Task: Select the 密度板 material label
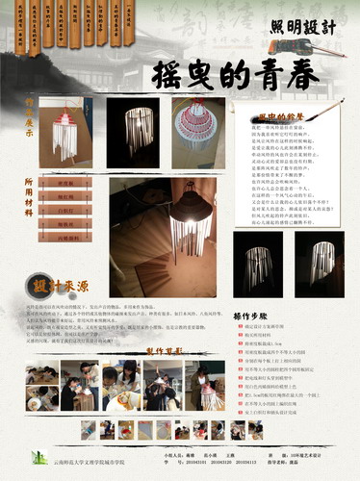point(65,183)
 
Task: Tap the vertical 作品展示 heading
point(29,113)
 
